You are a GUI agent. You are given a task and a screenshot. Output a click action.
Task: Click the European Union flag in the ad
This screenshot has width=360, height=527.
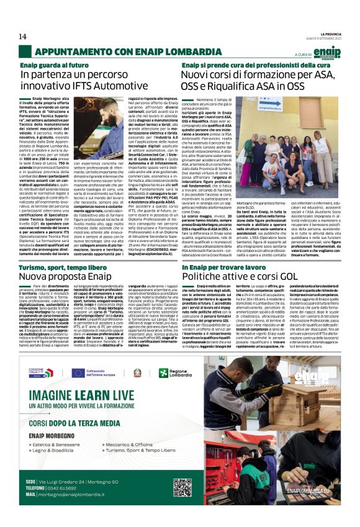pyautogui.click(x=78, y=372)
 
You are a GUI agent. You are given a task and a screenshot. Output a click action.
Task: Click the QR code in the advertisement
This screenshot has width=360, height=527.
pyautogui.click(x=182, y=487)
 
